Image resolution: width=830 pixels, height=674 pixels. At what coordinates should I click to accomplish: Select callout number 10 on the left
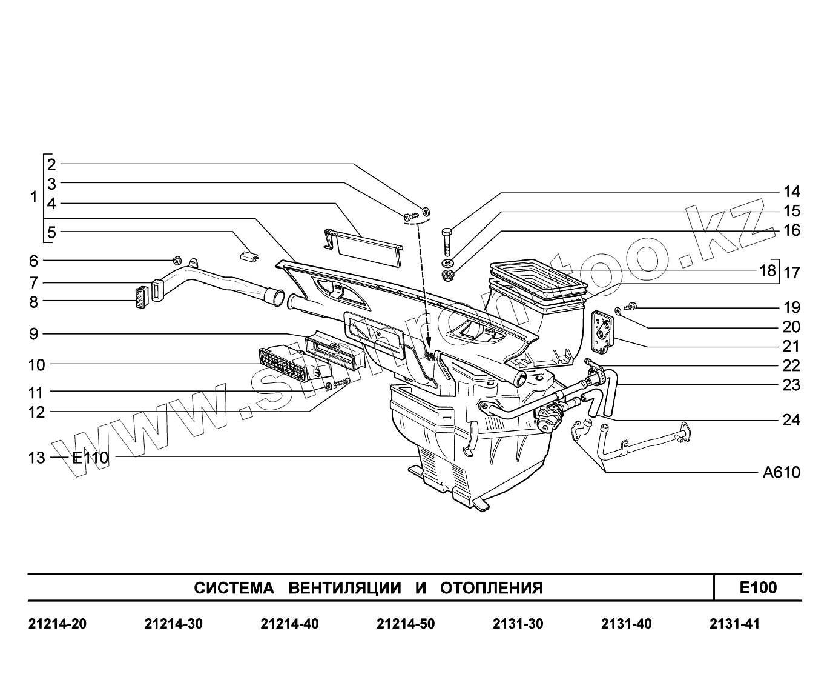[36, 365]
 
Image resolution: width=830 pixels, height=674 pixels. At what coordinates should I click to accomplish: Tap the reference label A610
[781, 473]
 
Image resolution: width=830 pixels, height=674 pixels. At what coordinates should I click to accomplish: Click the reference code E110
[90, 458]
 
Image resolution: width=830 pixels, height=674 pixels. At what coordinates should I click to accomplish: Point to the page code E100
[758, 587]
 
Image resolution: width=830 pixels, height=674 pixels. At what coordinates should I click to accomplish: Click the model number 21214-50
[405, 624]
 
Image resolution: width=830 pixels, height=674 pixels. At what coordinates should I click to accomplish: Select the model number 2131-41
[734, 624]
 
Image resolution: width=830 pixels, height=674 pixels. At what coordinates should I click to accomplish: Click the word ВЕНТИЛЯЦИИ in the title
[344, 588]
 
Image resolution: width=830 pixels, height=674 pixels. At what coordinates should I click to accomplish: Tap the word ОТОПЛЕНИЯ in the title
[491, 588]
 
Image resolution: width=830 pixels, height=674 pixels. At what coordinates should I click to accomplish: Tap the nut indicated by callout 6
[177, 260]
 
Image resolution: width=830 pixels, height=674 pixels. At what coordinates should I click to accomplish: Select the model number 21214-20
[58, 624]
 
